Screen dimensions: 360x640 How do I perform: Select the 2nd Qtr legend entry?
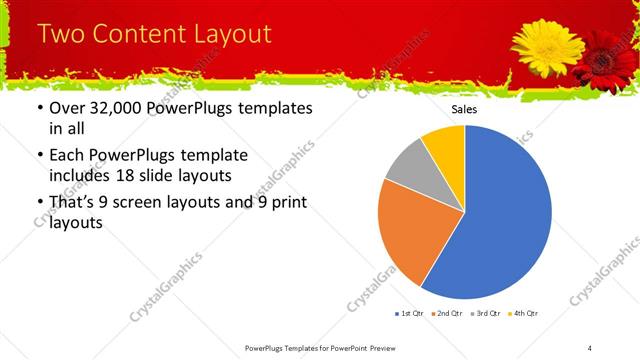446,314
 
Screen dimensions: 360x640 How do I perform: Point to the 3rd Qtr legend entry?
485,314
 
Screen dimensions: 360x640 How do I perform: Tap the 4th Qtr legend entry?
523,314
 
